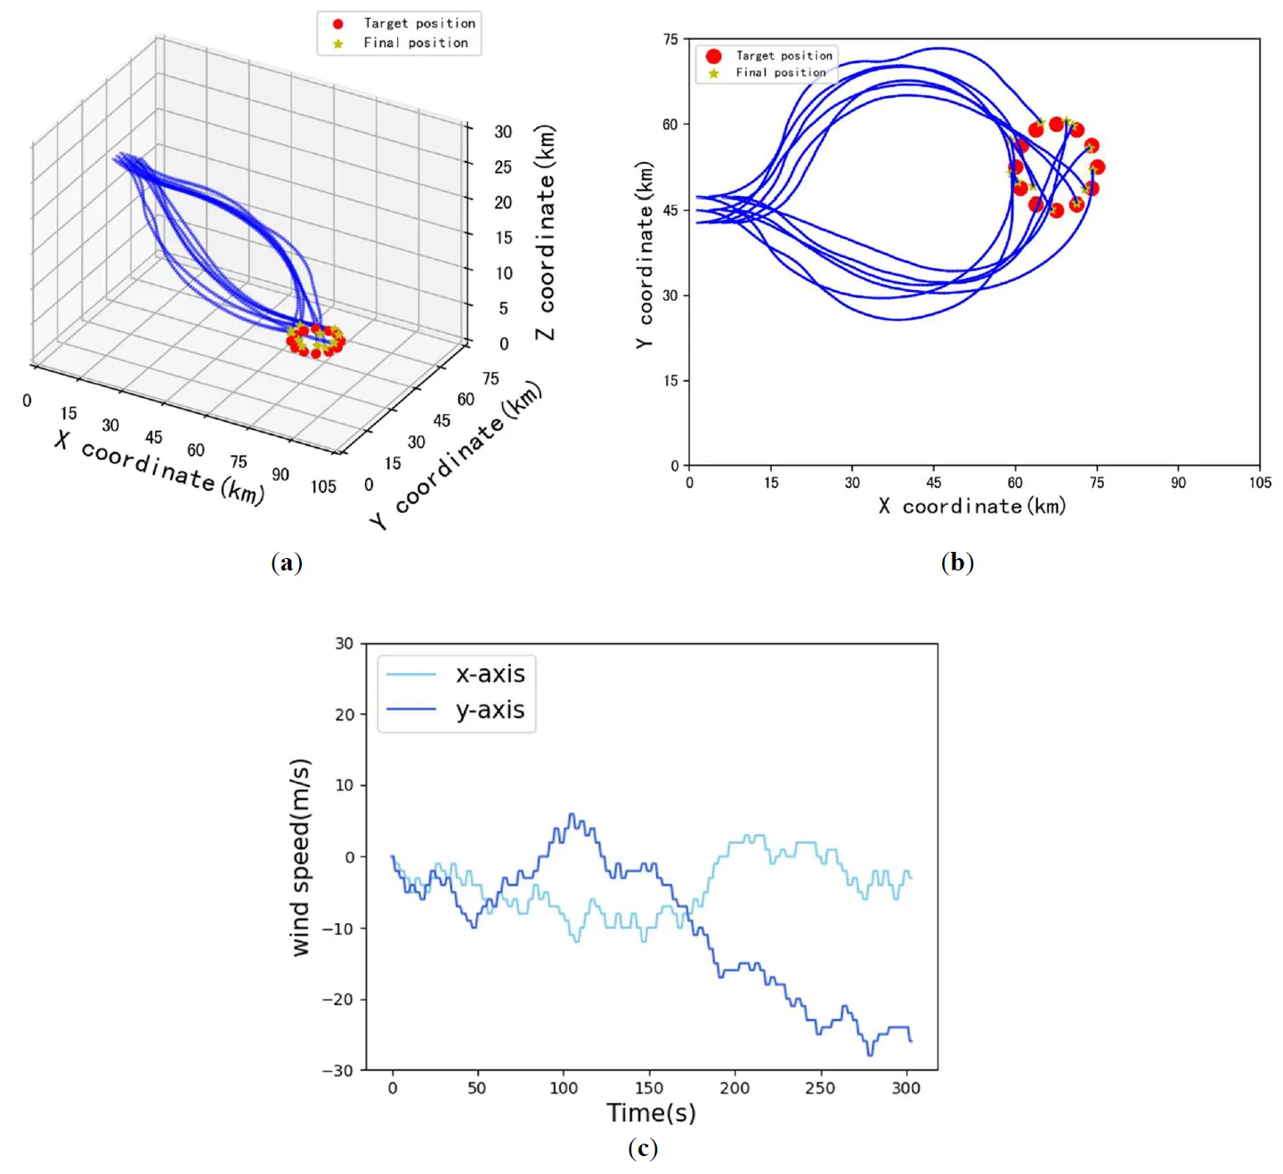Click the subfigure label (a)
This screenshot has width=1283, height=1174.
tap(286, 563)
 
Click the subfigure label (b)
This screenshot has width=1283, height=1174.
tap(957, 563)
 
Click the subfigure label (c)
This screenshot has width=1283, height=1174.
tap(642, 1148)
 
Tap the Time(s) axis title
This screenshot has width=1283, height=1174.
tap(651, 1113)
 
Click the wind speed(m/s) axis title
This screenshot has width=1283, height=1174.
tap(301, 857)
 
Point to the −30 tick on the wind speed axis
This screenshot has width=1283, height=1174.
tap(337, 1071)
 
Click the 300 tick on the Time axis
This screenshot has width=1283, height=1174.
tap(905, 1088)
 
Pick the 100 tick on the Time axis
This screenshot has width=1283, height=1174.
tap(564, 1088)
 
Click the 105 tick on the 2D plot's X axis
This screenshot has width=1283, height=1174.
tap(1260, 482)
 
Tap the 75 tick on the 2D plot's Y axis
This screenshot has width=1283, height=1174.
tap(670, 39)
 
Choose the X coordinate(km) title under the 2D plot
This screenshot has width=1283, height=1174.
tap(972, 506)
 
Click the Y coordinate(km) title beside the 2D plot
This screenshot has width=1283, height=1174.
tap(644, 255)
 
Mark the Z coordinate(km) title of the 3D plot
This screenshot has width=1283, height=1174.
tap(545, 231)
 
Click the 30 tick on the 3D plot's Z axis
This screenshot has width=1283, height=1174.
tap(503, 132)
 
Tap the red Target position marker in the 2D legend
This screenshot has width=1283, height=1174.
tap(713, 56)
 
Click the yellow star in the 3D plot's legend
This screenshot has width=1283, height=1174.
tap(337, 43)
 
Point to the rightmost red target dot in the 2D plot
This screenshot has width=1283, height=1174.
tap(1097, 167)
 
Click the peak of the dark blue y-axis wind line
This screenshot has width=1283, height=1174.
tap(572, 814)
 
